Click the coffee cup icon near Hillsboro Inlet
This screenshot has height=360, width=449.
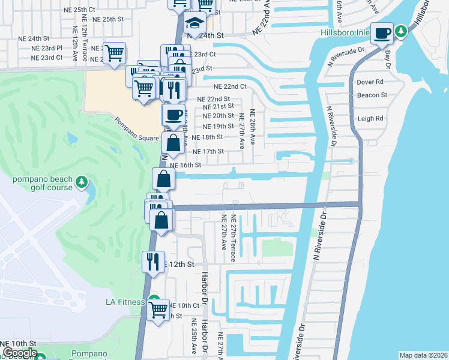click(x=382, y=33)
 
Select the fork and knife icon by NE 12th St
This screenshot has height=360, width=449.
click(x=152, y=262)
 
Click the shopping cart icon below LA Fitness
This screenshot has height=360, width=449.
click(x=158, y=310)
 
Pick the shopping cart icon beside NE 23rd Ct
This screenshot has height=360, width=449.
click(x=114, y=53)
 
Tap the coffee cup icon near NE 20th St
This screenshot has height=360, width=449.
click(x=173, y=115)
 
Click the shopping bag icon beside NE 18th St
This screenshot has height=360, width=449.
click(x=173, y=143)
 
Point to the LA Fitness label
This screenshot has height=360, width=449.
click(x=125, y=302)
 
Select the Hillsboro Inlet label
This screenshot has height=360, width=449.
click(x=344, y=32)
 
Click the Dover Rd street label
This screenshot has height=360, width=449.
click(x=370, y=82)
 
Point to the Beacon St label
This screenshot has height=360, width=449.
click(x=372, y=95)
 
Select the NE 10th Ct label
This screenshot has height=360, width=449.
click(x=183, y=305)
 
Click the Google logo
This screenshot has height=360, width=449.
click(x=19, y=353)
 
